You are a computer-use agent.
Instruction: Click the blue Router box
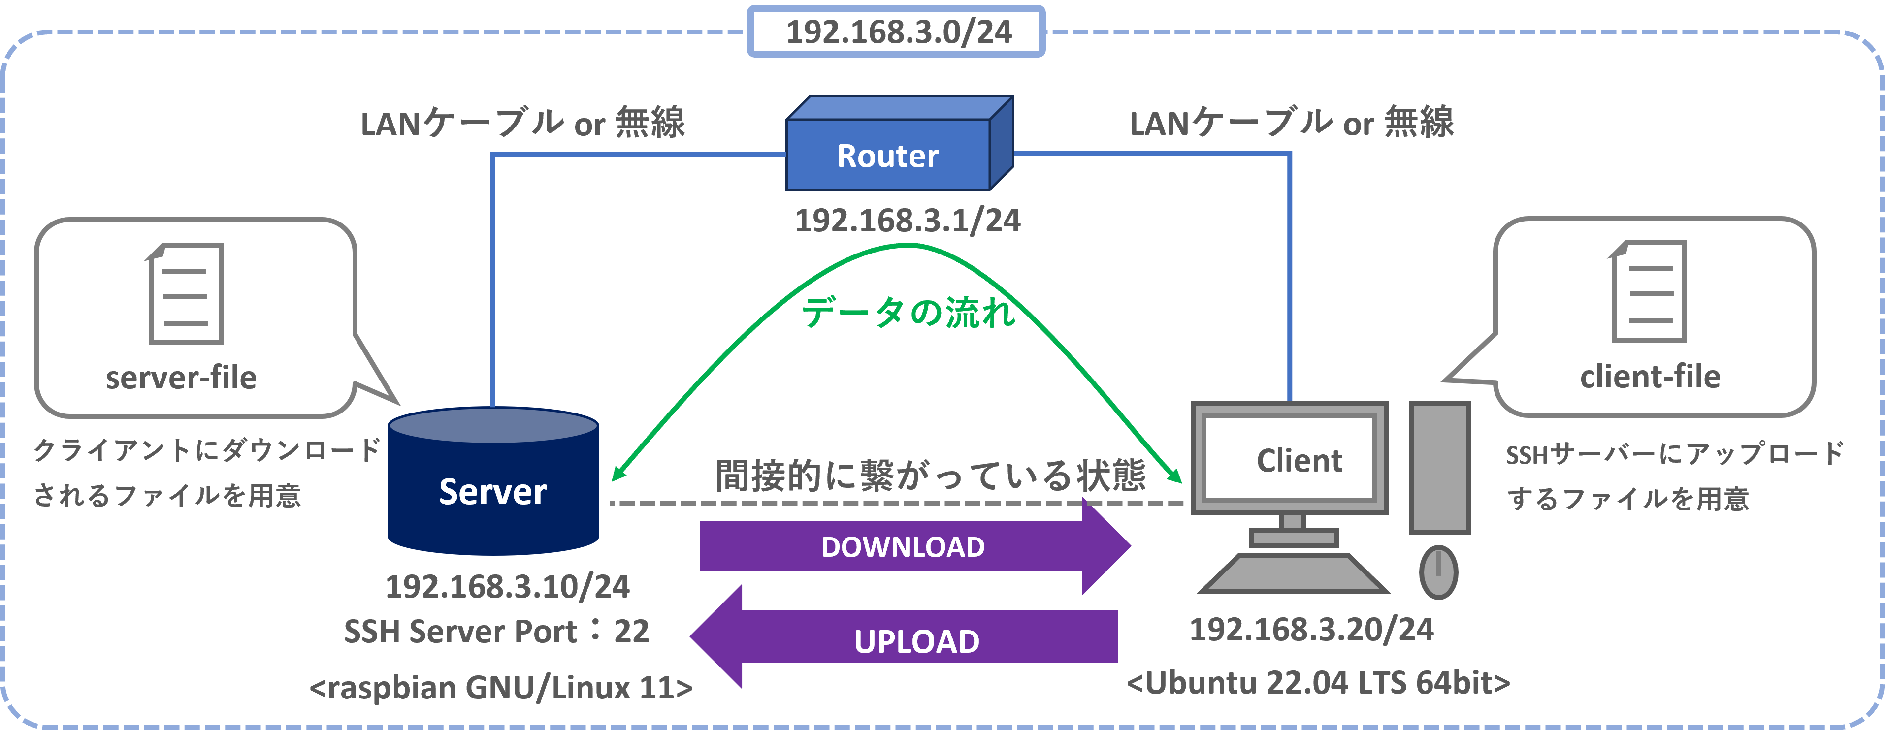899,143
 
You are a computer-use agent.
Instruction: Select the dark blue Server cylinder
493,480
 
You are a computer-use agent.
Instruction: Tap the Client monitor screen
1289,458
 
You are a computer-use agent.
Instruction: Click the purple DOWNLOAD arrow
915,546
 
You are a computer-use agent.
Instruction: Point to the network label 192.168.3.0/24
899,32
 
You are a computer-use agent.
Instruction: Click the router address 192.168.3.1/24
908,220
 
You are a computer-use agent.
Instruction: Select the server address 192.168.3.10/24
507,587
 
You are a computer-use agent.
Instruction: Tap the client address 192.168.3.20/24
1311,630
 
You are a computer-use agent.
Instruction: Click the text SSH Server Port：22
496,631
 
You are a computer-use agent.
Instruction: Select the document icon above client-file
1648,291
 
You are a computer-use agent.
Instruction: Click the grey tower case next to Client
1440,468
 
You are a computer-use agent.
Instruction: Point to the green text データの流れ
909,313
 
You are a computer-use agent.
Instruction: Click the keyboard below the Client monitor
1293,573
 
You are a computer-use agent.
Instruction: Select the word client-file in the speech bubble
1650,377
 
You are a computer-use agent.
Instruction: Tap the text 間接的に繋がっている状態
930,476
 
